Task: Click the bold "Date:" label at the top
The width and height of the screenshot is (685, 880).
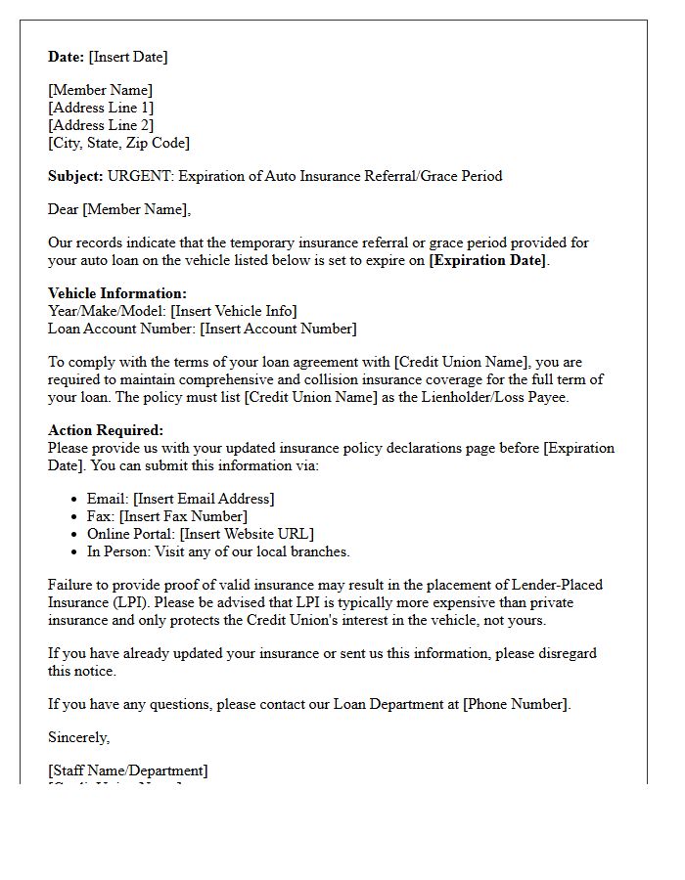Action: (x=66, y=57)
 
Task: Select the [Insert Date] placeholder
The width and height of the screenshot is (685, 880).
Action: (x=128, y=57)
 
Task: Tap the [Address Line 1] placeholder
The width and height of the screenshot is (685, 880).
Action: (x=101, y=108)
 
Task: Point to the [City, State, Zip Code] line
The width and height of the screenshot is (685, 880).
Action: (x=118, y=143)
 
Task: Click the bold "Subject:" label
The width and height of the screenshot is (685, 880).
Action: (x=75, y=176)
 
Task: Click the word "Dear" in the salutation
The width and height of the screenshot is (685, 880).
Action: (x=64, y=209)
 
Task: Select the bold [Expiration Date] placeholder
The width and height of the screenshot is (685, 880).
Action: (x=488, y=260)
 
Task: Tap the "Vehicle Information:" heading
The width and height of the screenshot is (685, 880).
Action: (x=117, y=293)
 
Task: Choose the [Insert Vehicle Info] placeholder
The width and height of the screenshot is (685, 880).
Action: (x=233, y=311)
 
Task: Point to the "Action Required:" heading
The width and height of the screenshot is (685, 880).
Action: (x=106, y=430)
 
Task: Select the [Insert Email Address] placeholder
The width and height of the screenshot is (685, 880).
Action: (x=204, y=499)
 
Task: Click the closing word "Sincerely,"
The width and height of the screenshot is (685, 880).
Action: (x=79, y=737)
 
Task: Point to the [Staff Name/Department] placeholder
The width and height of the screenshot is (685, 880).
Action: (x=128, y=770)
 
